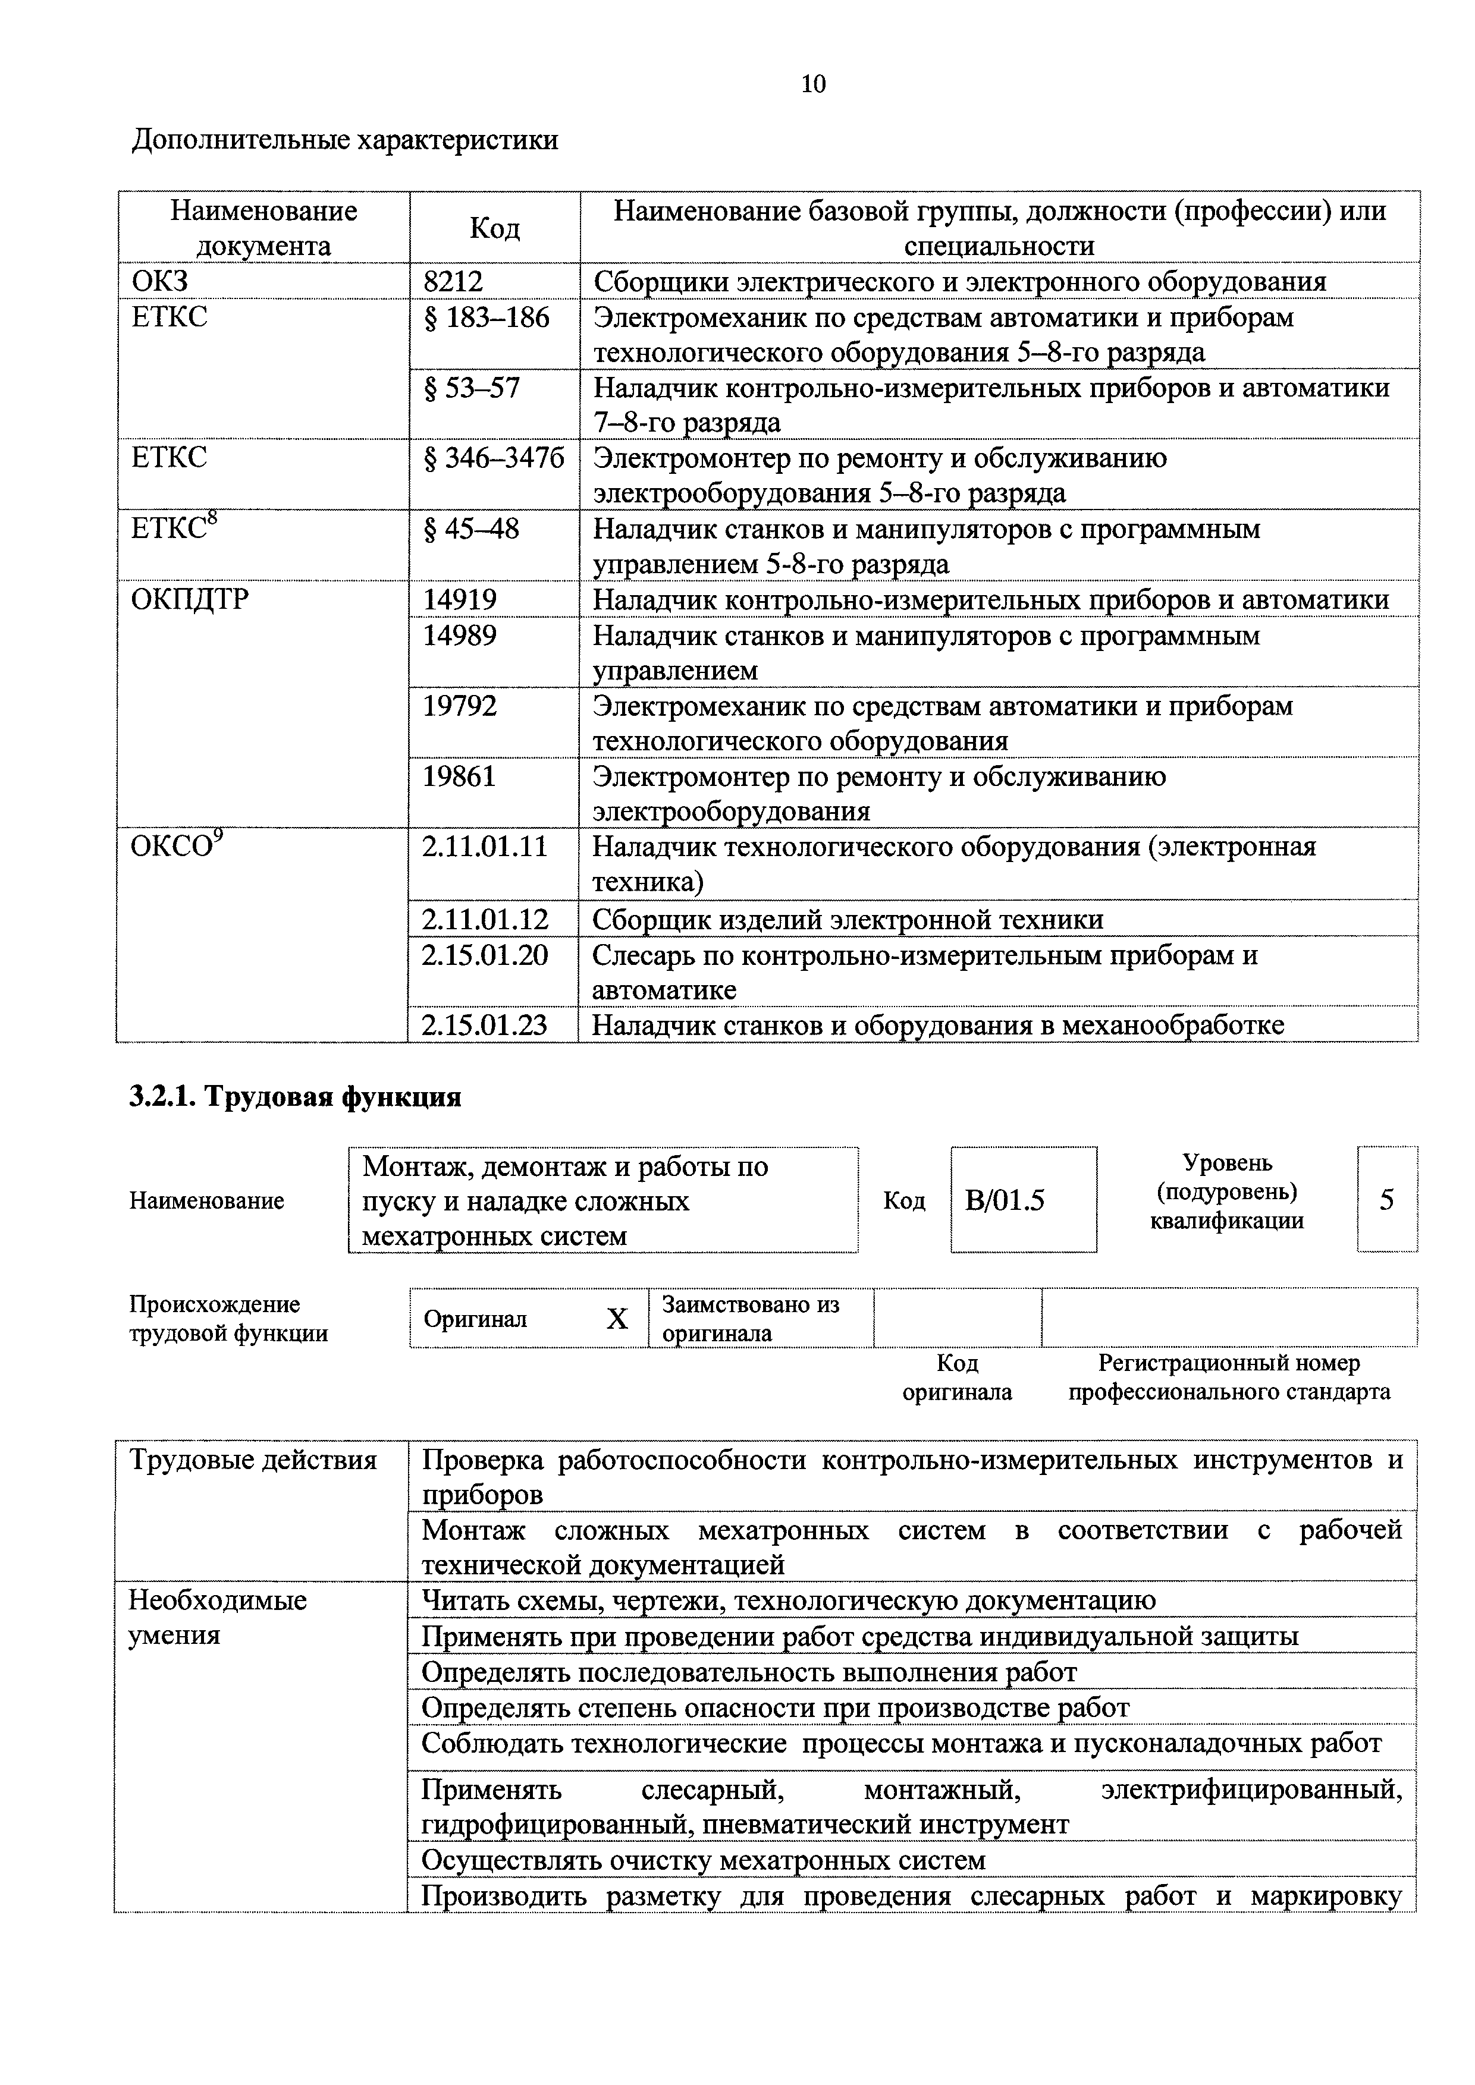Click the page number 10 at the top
click(813, 84)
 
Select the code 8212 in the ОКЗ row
click(453, 282)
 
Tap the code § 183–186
click(487, 318)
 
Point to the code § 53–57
click(472, 389)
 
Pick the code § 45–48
click(472, 529)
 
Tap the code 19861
click(460, 777)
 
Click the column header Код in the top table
click(494, 228)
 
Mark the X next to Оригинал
click(617, 1319)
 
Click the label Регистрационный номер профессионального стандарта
click(1229, 1378)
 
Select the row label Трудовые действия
click(253, 1460)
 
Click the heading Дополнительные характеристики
click(345, 141)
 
